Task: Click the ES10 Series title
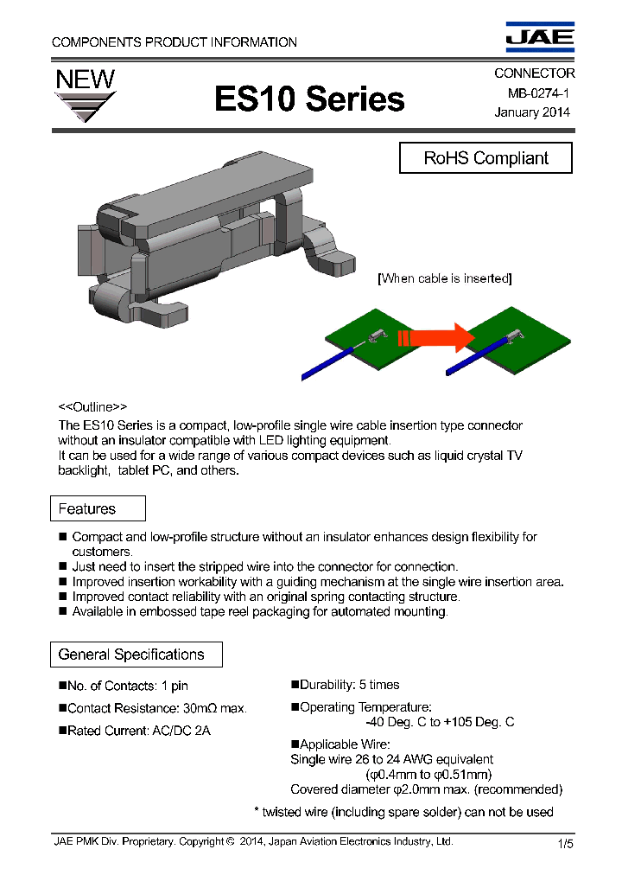(x=309, y=99)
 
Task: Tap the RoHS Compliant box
(x=486, y=158)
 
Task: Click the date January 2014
(x=531, y=112)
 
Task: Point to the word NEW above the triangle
(x=85, y=80)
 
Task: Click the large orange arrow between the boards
(x=436, y=337)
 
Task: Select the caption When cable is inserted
(x=445, y=278)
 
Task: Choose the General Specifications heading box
(x=136, y=655)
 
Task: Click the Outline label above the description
(x=92, y=406)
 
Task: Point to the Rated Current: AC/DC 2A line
(x=138, y=731)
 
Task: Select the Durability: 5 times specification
(x=345, y=685)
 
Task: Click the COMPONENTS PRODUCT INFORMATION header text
(x=175, y=42)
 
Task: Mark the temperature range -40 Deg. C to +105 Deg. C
(x=440, y=722)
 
